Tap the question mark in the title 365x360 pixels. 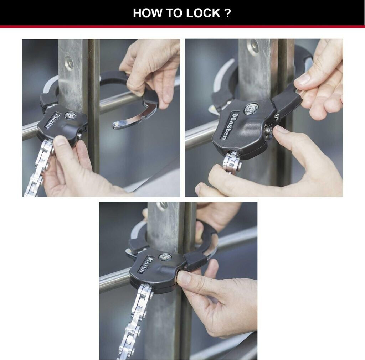[228, 13]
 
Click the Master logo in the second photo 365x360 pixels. [226, 126]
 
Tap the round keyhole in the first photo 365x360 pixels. [70, 115]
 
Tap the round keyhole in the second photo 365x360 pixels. [251, 108]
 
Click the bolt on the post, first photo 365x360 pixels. [69, 62]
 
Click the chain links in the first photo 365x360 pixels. [39, 167]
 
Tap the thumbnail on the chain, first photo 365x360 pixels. [60, 140]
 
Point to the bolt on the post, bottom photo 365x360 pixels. [163, 205]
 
